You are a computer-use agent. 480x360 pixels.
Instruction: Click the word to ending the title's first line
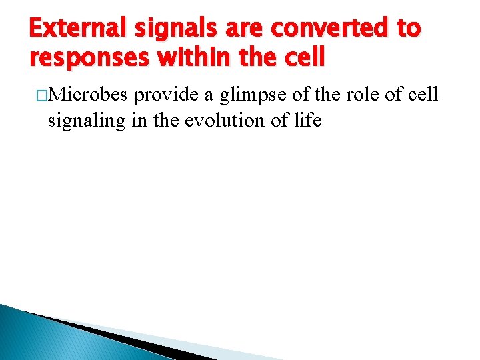point(407,28)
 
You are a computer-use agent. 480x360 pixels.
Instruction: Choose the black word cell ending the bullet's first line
point(423,95)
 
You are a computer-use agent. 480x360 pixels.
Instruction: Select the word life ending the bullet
point(307,120)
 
